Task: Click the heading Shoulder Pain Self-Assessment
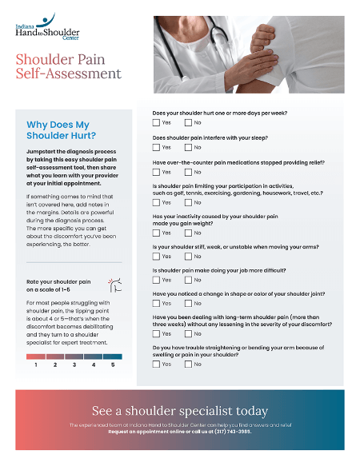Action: coord(69,66)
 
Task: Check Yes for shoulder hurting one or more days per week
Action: coord(157,123)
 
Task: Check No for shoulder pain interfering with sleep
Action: coord(189,147)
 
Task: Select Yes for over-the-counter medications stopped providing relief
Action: coord(157,172)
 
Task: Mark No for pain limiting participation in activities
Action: coord(189,202)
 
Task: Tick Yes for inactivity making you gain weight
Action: coord(157,233)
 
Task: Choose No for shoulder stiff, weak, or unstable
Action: coord(189,257)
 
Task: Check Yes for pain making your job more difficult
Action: coord(157,280)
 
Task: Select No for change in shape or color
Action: coord(189,303)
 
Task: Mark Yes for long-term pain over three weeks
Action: coord(157,333)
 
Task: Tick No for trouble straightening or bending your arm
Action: coord(189,364)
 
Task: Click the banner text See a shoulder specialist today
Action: coord(180,411)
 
